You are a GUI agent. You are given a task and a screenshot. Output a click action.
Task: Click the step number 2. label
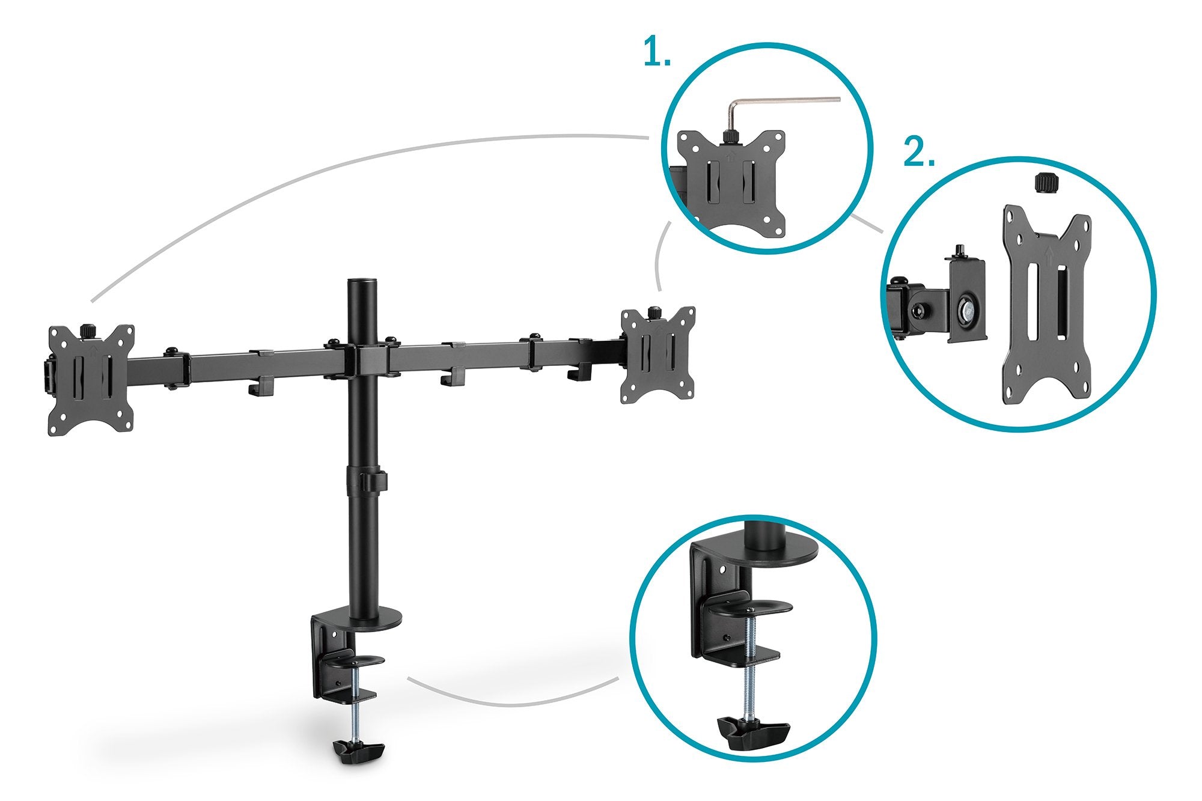(919, 153)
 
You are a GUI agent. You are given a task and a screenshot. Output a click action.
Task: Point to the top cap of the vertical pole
(362, 282)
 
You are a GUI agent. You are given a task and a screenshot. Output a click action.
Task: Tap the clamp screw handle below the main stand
(359, 752)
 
